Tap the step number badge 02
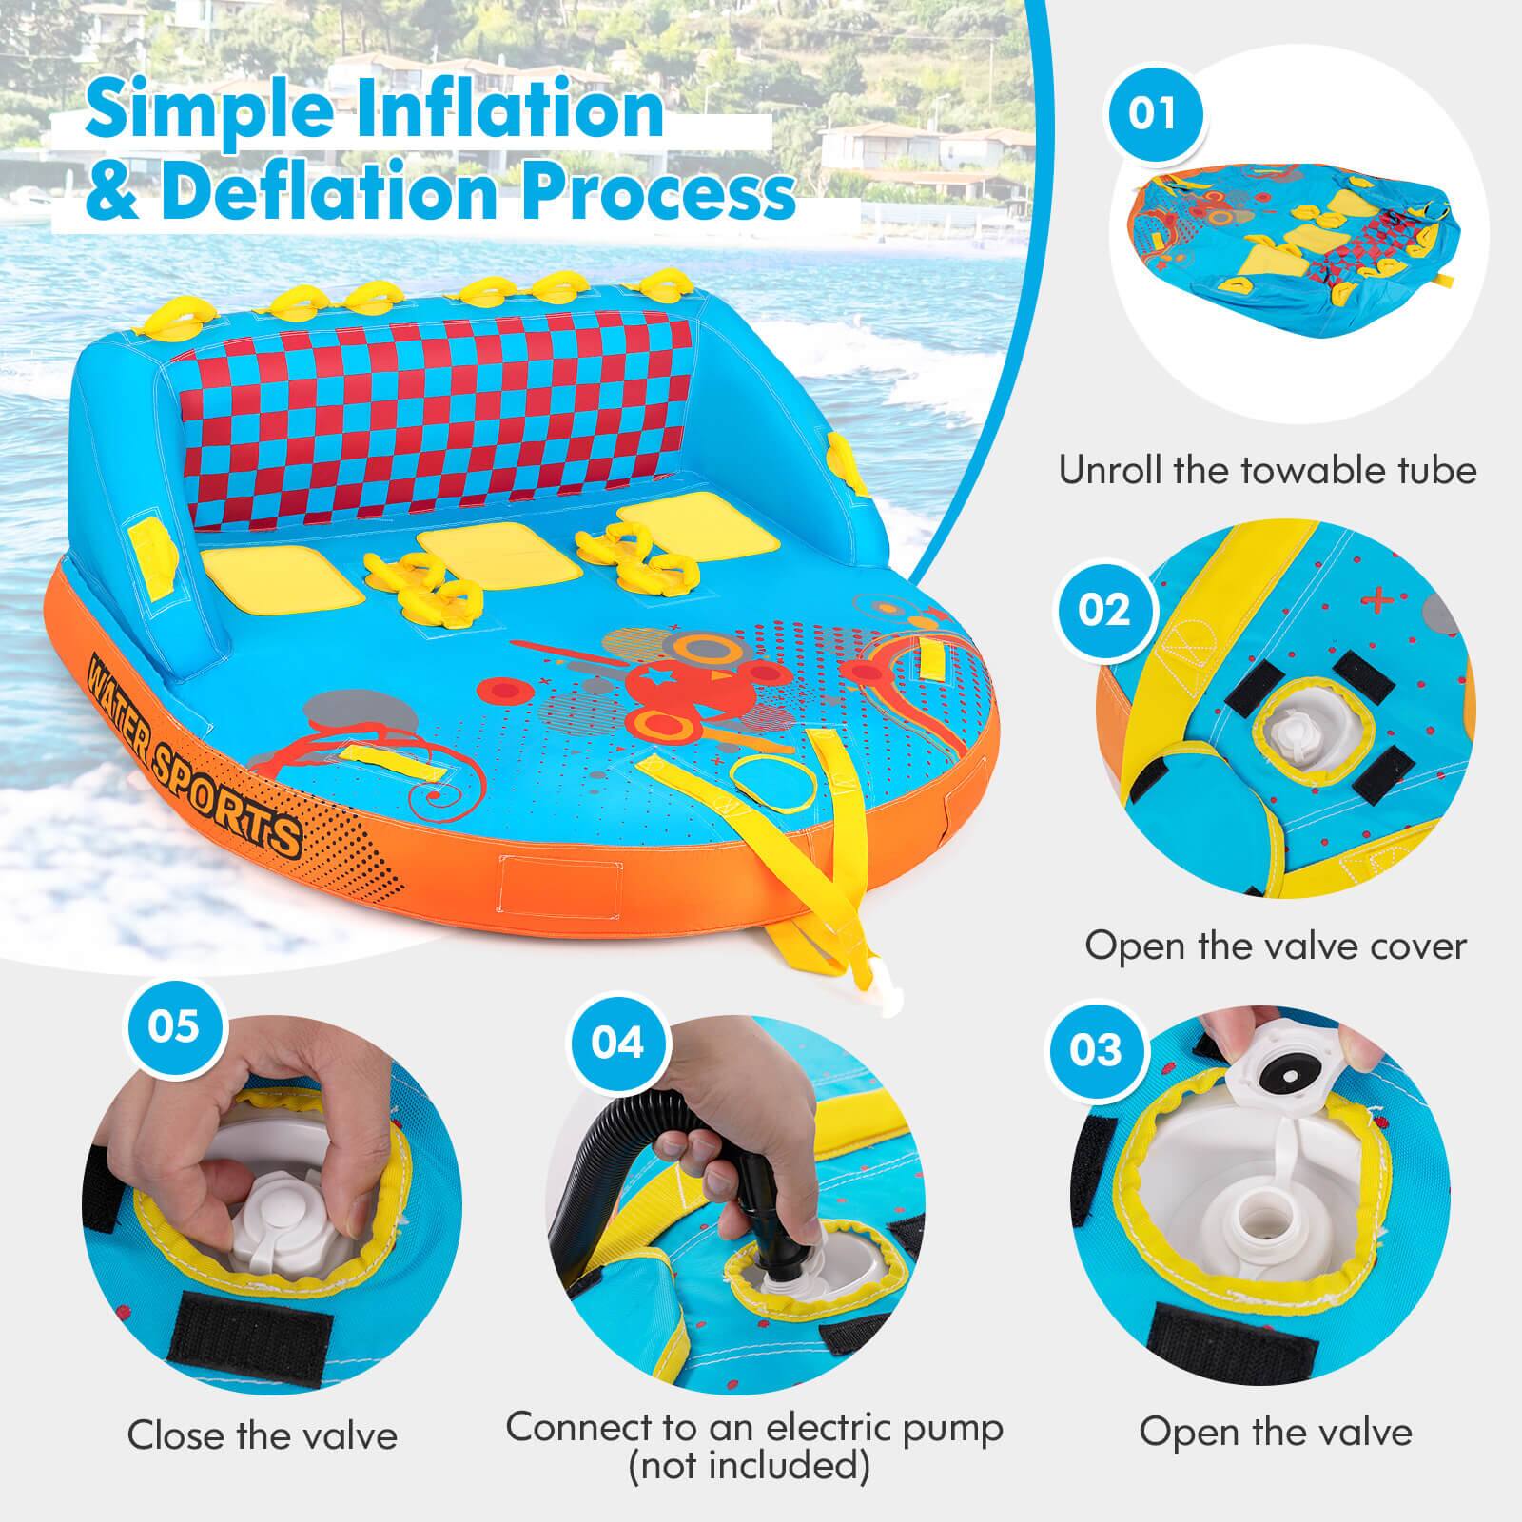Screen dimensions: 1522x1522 tap(1103, 608)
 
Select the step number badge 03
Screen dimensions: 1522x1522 tap(1097, 1049)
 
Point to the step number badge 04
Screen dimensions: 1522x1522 tap(617, 1044)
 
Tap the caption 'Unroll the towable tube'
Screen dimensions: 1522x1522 tap(1267, 471)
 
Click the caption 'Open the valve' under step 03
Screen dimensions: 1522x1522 tap(1276, 1432)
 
